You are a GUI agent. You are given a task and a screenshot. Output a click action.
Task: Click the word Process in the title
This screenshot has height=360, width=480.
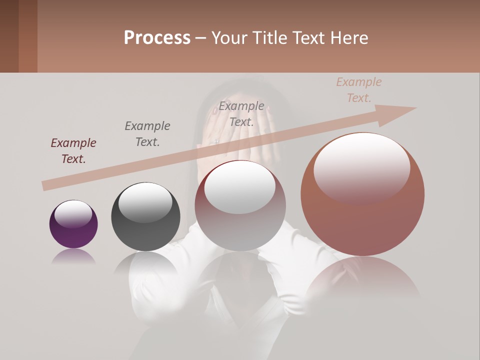[157, 38]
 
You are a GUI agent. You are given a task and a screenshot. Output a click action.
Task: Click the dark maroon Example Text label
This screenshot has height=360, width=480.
[73, 151]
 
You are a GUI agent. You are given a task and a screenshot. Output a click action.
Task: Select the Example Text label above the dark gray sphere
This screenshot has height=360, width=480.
[147, 134]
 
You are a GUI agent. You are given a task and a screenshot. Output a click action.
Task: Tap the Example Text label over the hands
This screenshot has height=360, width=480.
[241, 114]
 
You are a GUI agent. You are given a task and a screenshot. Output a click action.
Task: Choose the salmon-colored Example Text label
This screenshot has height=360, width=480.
[358, 90]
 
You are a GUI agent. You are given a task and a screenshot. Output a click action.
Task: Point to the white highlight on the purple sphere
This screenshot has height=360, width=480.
[73, 213]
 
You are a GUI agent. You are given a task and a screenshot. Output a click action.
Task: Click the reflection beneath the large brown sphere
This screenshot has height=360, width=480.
[362, 277]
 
